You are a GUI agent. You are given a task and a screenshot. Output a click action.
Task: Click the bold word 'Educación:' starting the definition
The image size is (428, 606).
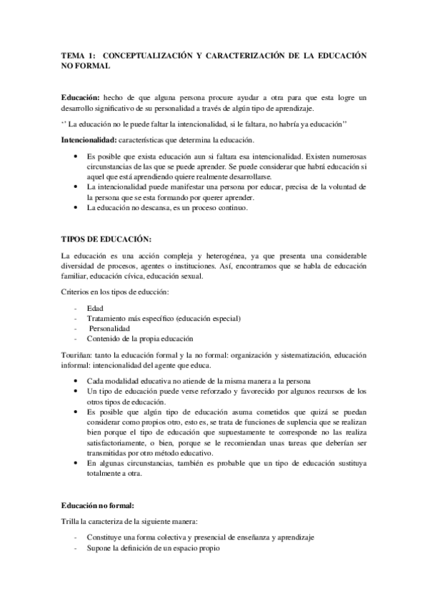(x=81, y=96)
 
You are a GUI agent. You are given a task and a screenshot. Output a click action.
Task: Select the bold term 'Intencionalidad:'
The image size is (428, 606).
(x=88, y=139)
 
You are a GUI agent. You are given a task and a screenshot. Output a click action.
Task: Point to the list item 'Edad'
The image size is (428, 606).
(x=94, y=307)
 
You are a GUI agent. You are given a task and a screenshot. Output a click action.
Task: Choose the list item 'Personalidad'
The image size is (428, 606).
(x=111, y=328)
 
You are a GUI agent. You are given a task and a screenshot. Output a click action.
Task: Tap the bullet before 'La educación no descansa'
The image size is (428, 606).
(x=76, y=208)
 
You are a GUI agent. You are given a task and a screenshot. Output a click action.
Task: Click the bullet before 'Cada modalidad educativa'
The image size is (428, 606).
(x=76, y=381)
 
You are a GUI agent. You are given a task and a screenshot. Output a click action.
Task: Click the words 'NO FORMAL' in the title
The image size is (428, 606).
(x=86, y=66)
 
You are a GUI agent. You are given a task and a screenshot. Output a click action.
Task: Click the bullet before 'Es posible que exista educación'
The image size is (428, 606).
(x=76, y=155)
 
